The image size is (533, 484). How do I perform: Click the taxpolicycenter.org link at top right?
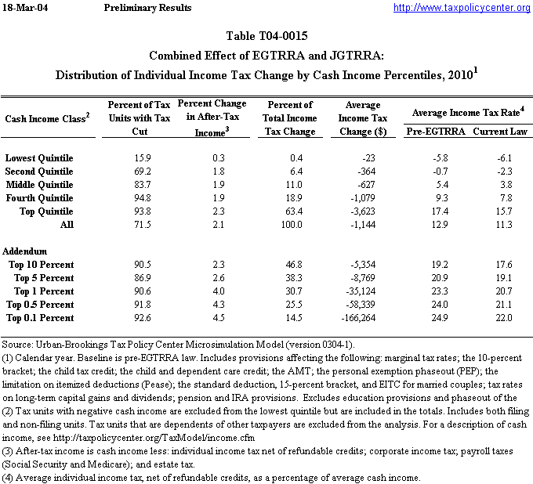[462, 8]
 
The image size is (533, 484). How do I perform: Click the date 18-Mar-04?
[25, 8]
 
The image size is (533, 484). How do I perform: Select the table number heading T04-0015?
[266, 36]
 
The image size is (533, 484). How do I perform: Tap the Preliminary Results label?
[147, 8]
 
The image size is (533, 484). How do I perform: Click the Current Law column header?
[502, 131]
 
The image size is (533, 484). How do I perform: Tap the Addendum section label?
[26, 251]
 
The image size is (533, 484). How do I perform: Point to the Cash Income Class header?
[48, 117]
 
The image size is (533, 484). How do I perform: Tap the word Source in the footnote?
[17, 345]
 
